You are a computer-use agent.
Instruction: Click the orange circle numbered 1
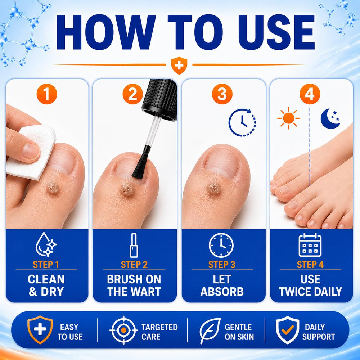pyautogui.click(x=46, y=94)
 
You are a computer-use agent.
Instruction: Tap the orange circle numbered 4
pyautogui.click(x=310, y=94)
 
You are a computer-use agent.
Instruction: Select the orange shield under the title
pyautogui.click(x=179, y=66)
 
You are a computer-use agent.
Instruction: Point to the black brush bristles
pyautogui.click(x=140, y=165)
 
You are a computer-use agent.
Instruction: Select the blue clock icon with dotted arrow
pyautogui.click(x=242, y=122)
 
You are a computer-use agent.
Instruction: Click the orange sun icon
pyautogui.click(x=289, y=118)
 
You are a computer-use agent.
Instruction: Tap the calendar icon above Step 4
pyautogui.click(x=310, y=245)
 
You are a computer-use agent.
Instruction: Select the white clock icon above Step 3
pyautogui.click(x=221, y=245)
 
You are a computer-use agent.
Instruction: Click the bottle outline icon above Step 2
pyautogui.click(x=134, y=245)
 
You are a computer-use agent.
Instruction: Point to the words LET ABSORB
pyautogui.click(x=222, y=285)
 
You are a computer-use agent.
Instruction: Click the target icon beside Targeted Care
pyautogui.click(x=123, y=330)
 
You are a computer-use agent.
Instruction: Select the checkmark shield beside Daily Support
pyautogui.click(x=287, y=330)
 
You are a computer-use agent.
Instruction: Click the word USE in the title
pyautogui.click(x=276, y=32)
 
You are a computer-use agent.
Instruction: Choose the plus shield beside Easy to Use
pyautogui.click(x=40, y=330)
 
